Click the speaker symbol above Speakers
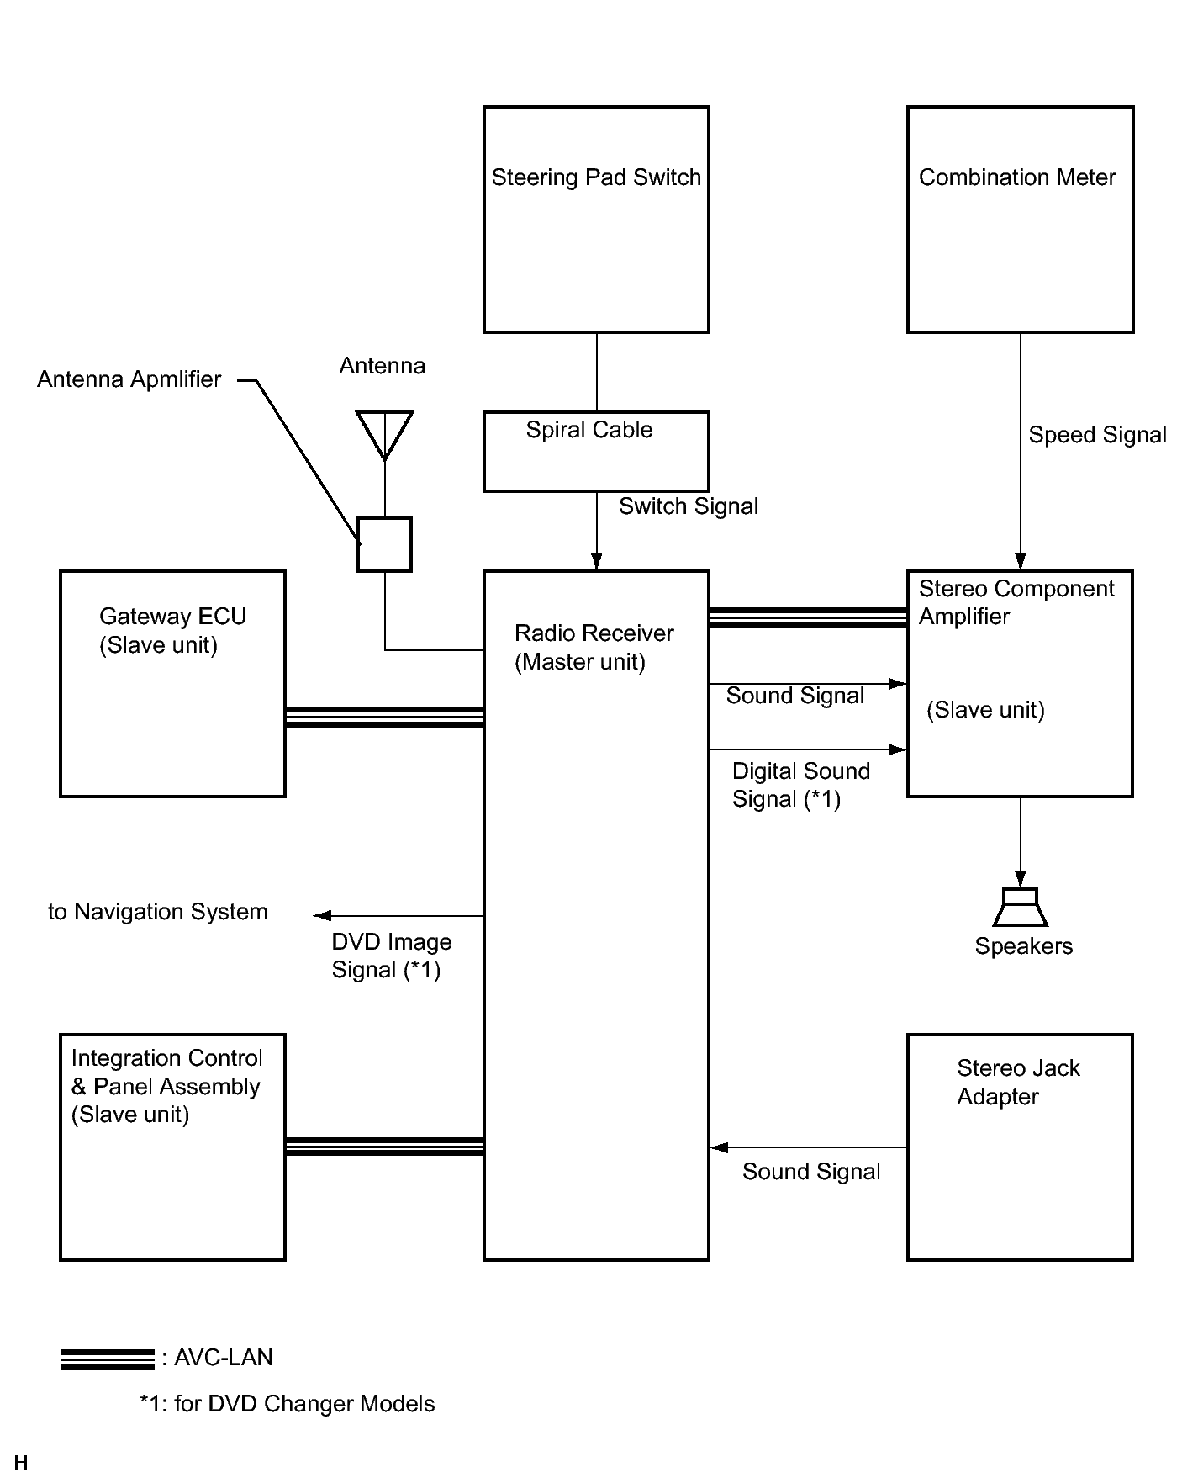tap(1021, 908)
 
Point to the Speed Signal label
tap(1097, 435)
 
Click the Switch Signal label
tap(689, 506)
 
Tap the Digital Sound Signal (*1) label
tap(800, 785)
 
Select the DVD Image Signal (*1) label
tap(391, 956)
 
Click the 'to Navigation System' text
tap(158, 912)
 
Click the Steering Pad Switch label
tap(596, 177)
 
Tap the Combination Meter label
tap(1017, 177)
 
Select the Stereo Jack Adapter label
tap(1018, 1083)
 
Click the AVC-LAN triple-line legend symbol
tap(108, 1359)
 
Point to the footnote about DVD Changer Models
tap(288, 1404)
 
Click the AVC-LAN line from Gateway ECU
tap(384, 717)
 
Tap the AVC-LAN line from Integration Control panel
tap(384, 1147)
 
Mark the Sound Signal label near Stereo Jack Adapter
tap(811, 1172)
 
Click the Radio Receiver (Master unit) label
tap(594, 648)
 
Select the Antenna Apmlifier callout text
tap(129, 379)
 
